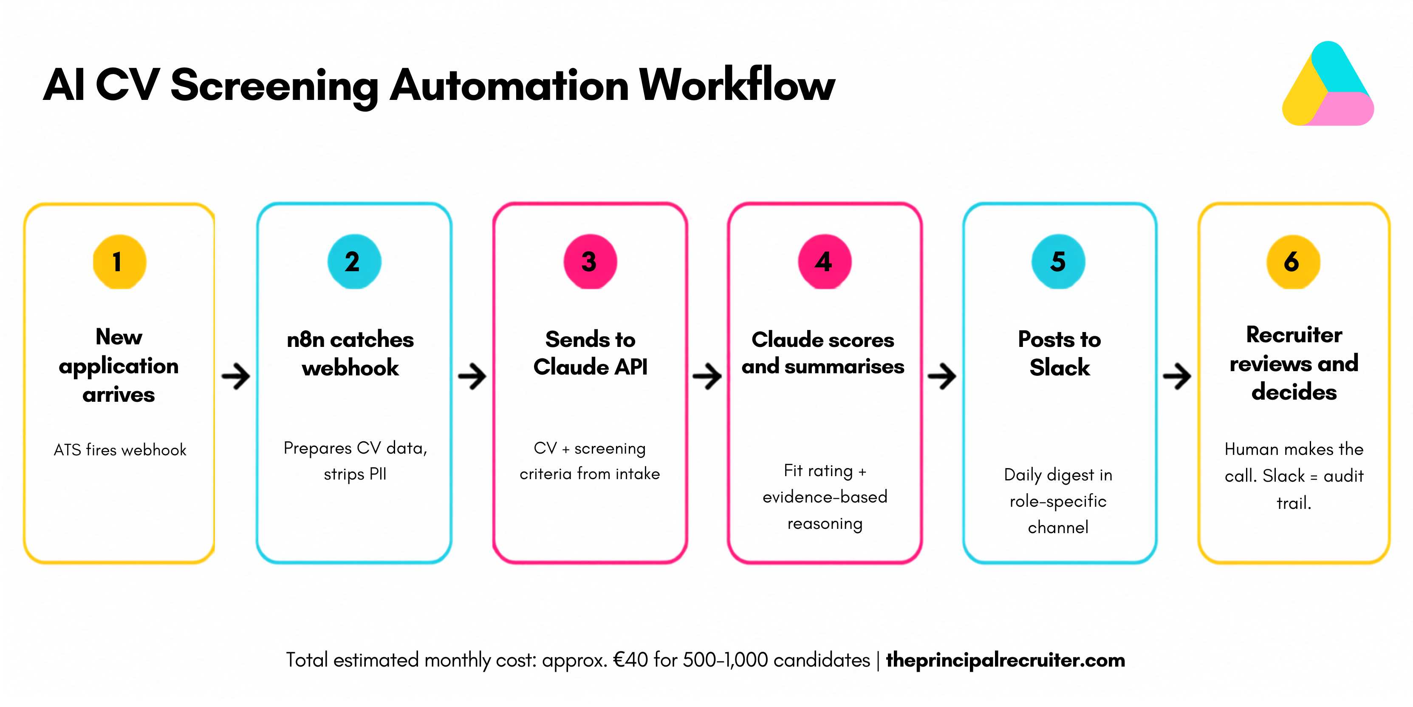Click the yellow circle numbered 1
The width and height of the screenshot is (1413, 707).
pyautogui.click(x=119, y=262)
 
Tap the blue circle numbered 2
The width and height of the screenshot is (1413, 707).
pyautogui.click(x=354, y=262)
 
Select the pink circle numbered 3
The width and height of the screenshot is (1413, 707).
pyautogui.click(x=590, y=262)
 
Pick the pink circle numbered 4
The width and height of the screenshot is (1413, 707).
pyautogui.click(x=825, y=262)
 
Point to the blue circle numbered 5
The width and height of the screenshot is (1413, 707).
pyautogui.click(x=1059, y=262)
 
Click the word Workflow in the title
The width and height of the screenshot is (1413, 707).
pyautogui.click(x=737, y=85)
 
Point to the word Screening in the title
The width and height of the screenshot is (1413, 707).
pyautogui.click(x=274, y=87)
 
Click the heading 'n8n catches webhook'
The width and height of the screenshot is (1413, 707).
pyautogui.click(x=350, y=354)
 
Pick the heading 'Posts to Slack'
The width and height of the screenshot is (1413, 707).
pyautogui.click(x=1060, y=354)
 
